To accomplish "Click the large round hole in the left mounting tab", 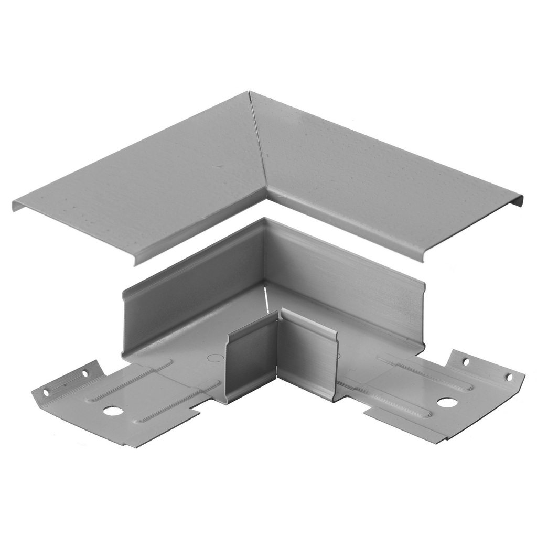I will click(x=113, y=411).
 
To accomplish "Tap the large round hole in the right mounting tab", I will click(x=447, y=402).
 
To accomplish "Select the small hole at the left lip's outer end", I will click(x=46, y=392).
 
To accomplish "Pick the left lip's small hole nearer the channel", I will click(x=85, y=374).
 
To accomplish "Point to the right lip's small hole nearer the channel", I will click(x=465, y=361).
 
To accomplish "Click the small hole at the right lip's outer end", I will click(x=508, y=377).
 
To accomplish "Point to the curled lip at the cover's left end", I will click(x=19, y=205).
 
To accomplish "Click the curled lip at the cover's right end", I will click(x=518, y=200).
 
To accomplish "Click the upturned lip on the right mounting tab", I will click(x=486, y=367).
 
